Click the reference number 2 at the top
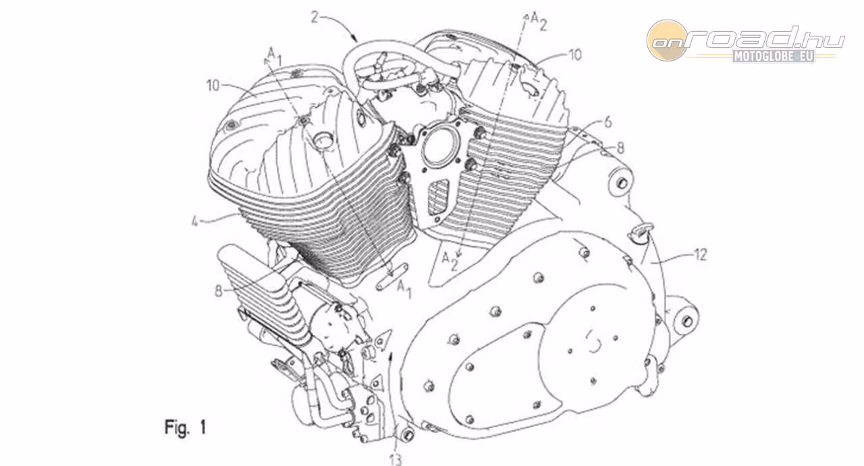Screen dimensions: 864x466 315,18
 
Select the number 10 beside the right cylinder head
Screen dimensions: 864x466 574,55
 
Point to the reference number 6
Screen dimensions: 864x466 607,123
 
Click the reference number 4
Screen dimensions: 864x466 195,222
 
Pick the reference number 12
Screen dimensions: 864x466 700,255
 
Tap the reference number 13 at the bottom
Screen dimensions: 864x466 396,459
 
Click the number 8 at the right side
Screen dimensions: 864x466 620,148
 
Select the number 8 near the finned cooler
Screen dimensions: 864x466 219,291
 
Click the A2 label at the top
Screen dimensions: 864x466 539,21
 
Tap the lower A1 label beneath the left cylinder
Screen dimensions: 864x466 404,289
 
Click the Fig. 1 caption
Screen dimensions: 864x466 186,428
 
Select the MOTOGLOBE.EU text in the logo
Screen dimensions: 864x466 774,56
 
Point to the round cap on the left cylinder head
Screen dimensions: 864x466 323,140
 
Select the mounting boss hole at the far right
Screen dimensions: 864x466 687,321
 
